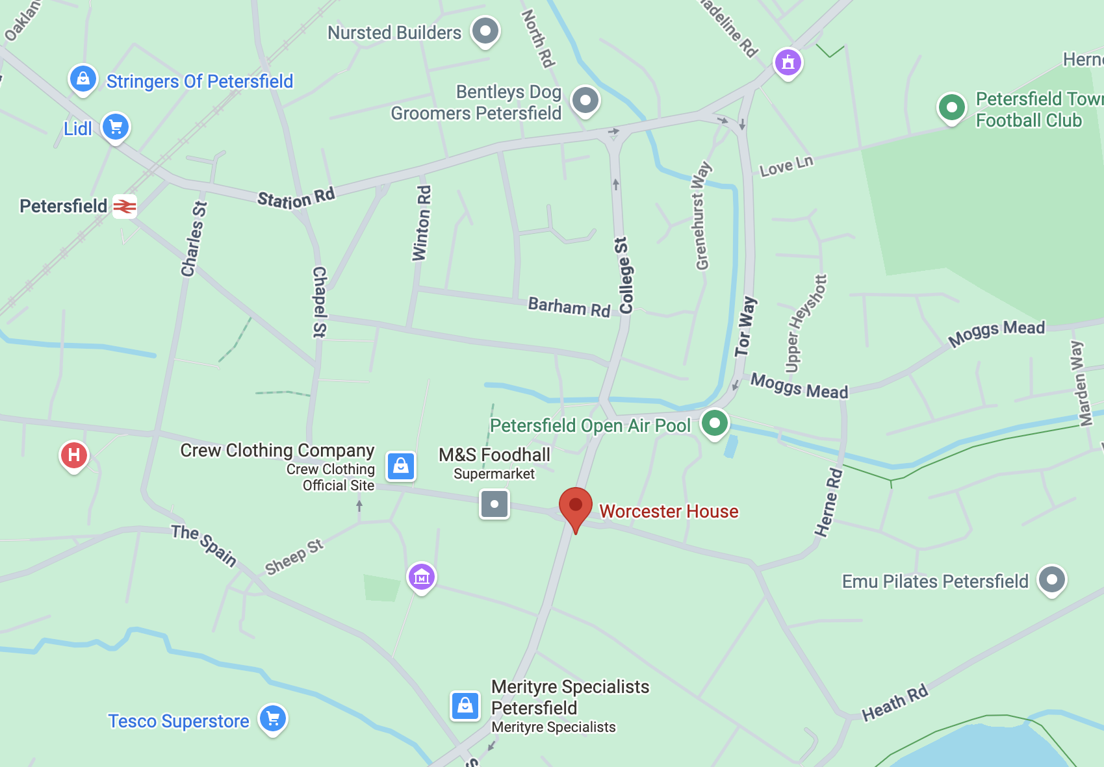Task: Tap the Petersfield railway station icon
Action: pos(125,207)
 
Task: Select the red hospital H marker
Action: pos(74,455)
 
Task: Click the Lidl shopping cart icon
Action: pos(116,127)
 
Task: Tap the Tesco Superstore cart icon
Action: pos(273,718)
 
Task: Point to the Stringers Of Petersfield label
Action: pos(199,81)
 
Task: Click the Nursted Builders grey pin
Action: pos(485,31)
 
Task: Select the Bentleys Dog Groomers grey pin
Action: pos(585,100)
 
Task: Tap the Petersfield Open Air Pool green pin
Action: pos(715,423)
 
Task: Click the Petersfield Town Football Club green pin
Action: pos(952,107)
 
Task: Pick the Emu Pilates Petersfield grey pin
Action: pos(1052,579)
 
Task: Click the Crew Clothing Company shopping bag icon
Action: pos(401,466)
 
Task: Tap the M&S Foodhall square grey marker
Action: pos(494,504)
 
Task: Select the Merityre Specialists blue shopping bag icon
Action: pos(465,705)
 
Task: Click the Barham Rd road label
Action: pos(569,307)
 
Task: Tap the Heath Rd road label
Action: pos(895,703)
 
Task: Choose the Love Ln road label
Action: pos(786,166)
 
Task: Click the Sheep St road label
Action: pos(294,557)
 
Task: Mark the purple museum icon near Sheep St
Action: pos(422,576)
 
